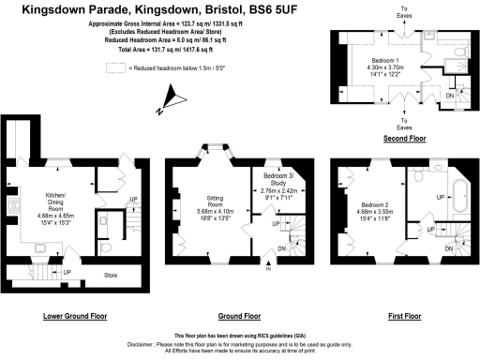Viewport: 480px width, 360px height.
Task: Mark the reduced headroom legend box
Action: [115, 68]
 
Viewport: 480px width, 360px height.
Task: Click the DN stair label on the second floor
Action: [450, 96]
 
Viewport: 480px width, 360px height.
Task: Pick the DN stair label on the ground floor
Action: [283, 248]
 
